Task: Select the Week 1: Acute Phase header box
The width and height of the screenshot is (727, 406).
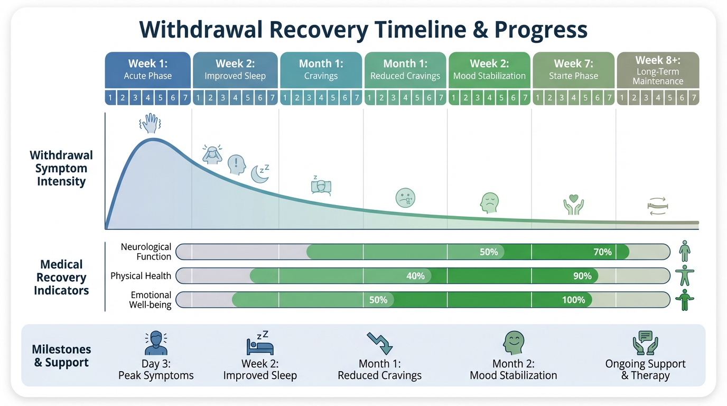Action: click(x=148, y=70)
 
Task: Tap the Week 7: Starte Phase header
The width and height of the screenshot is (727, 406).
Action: click(x=573, y=70)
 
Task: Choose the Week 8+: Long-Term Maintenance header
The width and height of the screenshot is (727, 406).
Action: click(x=658, y=70)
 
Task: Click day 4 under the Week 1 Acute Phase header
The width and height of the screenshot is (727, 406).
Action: click(x=148, y=98)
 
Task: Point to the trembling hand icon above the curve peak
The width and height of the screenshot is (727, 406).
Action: click(x=150, y=124)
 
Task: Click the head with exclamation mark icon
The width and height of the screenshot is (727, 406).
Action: click(x=237, y=165)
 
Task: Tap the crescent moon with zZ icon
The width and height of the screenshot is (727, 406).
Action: click(x=260, y=173)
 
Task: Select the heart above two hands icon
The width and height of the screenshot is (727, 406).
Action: click(x=573, y=205)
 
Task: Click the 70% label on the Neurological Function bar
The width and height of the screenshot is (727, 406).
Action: click(x=602, y=252)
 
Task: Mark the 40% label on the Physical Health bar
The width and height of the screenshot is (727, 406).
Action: click(x=415, y=276)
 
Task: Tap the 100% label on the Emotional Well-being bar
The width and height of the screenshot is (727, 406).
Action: click(x=573, y=300)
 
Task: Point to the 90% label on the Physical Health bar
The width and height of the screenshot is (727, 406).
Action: click(x=582, y=276)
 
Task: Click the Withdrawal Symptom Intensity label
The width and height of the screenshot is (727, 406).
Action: click(x=61, y=168)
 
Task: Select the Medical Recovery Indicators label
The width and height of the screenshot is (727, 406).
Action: click(x=61, y=278)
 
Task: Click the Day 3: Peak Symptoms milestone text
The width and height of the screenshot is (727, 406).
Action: click(x=156, y=370)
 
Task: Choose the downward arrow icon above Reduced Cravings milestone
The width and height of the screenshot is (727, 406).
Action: click(x=380, y=343)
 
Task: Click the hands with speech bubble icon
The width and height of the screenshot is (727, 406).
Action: click(x=645, y=343)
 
